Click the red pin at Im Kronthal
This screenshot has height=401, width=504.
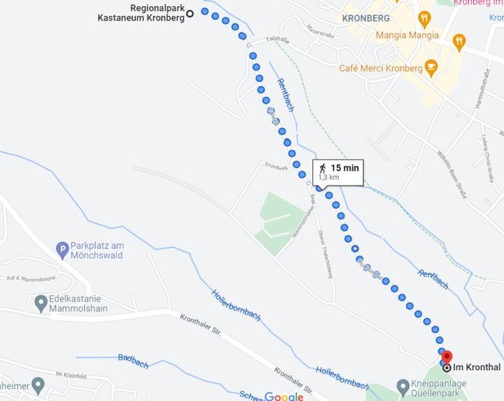click(x=446, y=357)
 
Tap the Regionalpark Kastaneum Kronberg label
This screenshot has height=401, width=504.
click(x=141, y=13)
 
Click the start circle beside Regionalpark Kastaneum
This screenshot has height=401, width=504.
click(x=190, y=13)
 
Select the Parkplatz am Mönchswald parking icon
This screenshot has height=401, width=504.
click(x=62, y=250)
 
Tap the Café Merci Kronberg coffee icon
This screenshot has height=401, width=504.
click(x=431, y=67)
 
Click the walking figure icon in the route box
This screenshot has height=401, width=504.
click(x=323, y=168)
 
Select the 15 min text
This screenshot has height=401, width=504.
click(x=344, y=168)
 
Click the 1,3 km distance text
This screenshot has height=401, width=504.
click(x=329, y=178)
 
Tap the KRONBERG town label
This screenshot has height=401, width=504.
click(x=366, y=18)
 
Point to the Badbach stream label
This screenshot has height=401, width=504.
click(x=133, y=361)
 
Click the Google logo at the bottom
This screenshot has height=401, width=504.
click(x=283, y=396)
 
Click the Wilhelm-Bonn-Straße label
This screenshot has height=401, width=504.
click(x=452, y=174)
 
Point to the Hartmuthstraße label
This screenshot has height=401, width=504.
click(x=482, y=90)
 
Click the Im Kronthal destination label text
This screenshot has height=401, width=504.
click(x=477, y=367)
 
